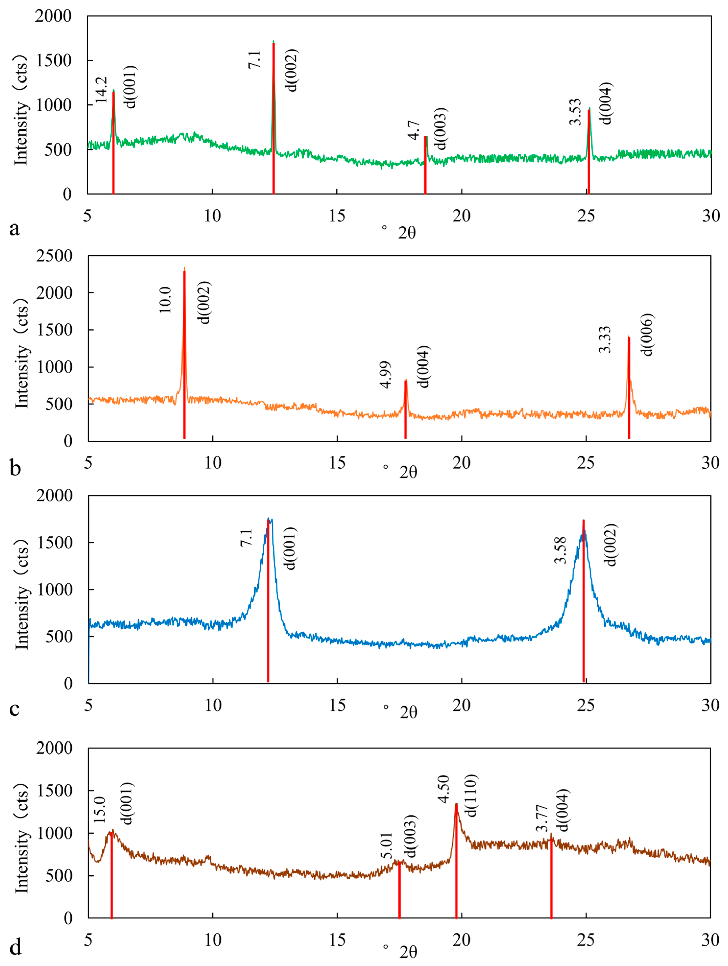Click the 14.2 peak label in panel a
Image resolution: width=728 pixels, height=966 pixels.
[101, 90]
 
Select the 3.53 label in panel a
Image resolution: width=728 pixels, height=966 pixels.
[576, 112]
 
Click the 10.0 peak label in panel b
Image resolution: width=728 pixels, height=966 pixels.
[165, 300]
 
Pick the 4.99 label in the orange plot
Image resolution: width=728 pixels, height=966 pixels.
[385, 375]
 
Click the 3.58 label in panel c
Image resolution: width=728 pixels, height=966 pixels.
[560, 550]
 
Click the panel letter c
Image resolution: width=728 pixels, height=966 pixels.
[14, 708]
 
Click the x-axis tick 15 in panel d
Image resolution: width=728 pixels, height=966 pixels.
[337, 940]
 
